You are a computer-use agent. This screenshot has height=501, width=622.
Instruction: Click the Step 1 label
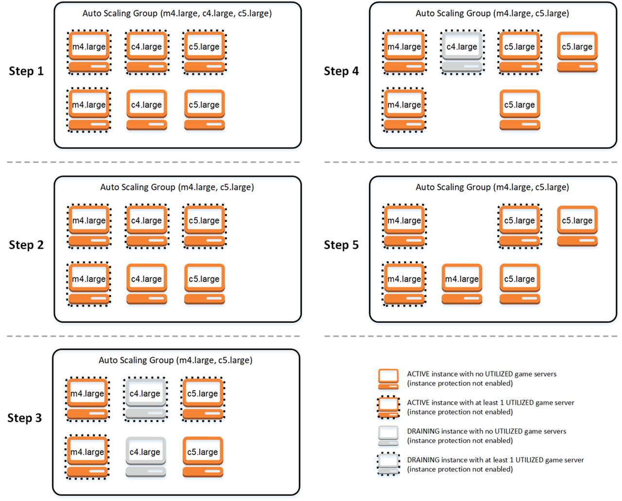pos(26,71)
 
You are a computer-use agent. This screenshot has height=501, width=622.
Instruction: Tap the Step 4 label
pos(341,71)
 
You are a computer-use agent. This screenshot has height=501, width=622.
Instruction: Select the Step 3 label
pos(24,418)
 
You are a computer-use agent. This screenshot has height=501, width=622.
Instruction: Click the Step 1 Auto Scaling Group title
pos(177,13)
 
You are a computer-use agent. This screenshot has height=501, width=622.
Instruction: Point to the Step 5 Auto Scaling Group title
pos(492,187)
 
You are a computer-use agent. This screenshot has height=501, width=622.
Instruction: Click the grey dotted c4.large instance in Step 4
pos(462,53)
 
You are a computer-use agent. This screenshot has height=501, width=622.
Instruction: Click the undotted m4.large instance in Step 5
pos(462,284)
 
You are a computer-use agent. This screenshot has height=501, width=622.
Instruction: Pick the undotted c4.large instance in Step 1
pos(146,110)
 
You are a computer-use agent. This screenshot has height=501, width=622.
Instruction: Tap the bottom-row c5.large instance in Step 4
pos(519,110)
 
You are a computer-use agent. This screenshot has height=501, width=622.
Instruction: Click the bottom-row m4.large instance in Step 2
pos(88,284)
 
